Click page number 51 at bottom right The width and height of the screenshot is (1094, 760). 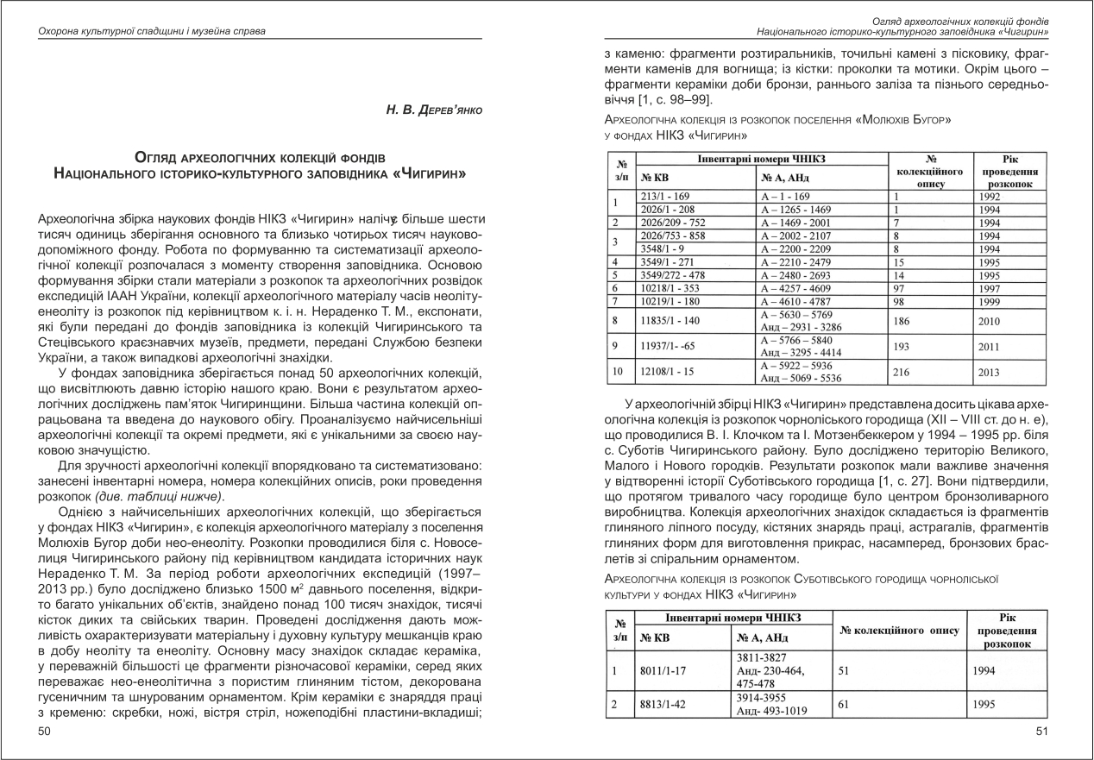click(1042, 732)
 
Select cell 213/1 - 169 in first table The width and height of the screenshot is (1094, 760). click(666, 196)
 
